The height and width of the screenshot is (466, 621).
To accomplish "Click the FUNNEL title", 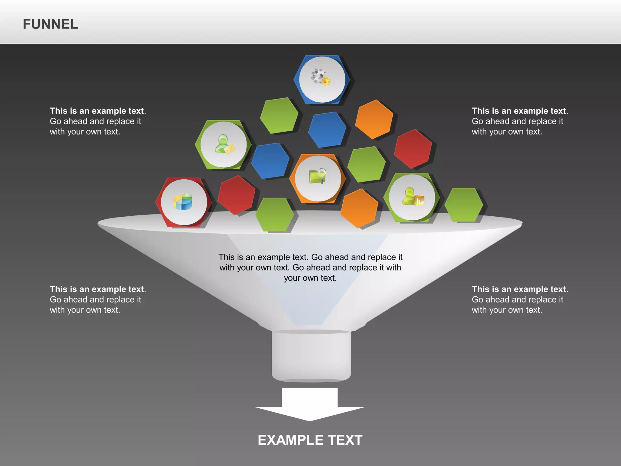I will [x=50, y=24].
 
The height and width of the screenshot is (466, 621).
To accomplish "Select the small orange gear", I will [x=326, y=81].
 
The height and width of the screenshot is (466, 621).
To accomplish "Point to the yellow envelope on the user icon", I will [x=230, y=149].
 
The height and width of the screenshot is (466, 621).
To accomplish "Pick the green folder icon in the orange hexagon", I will [x=316, y=177].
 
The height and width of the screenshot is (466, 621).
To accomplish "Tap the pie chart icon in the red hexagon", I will [x=183, y=202].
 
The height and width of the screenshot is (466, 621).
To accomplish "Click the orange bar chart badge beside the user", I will [x=420, y=201].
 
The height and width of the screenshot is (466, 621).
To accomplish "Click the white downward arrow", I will [x=310, y=405].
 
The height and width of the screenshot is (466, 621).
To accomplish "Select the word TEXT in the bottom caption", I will [x=345, y=440].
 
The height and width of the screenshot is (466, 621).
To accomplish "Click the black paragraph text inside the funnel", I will [x=310, y=267].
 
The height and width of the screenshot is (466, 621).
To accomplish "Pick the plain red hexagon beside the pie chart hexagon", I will [x=237, y=195].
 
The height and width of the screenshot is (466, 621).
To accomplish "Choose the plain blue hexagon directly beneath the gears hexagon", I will [x=327, y=130].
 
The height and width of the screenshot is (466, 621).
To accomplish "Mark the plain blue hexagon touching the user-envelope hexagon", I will [x=270, y=160].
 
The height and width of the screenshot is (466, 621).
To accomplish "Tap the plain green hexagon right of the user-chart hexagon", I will [x=463, y=205].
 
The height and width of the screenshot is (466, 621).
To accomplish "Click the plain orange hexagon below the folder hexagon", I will [x=359, y=208].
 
